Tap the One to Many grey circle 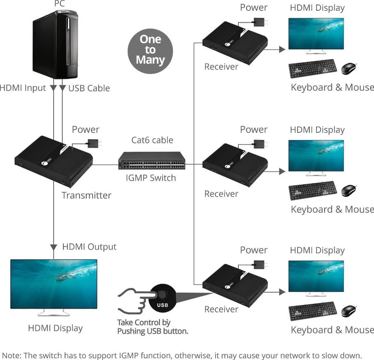click(150, 51)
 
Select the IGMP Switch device click(152, 161)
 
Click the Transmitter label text click(86, 195)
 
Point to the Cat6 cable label click(152, 140)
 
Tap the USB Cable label click(89, 88)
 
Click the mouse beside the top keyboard click(349, 68)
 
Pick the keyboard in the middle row click(313, 191)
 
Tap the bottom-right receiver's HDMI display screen click(316, 276)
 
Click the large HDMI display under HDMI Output click(54, 284)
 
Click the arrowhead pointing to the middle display click(282, 171)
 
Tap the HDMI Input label click(23, 88)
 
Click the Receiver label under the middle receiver click(221, 194)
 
